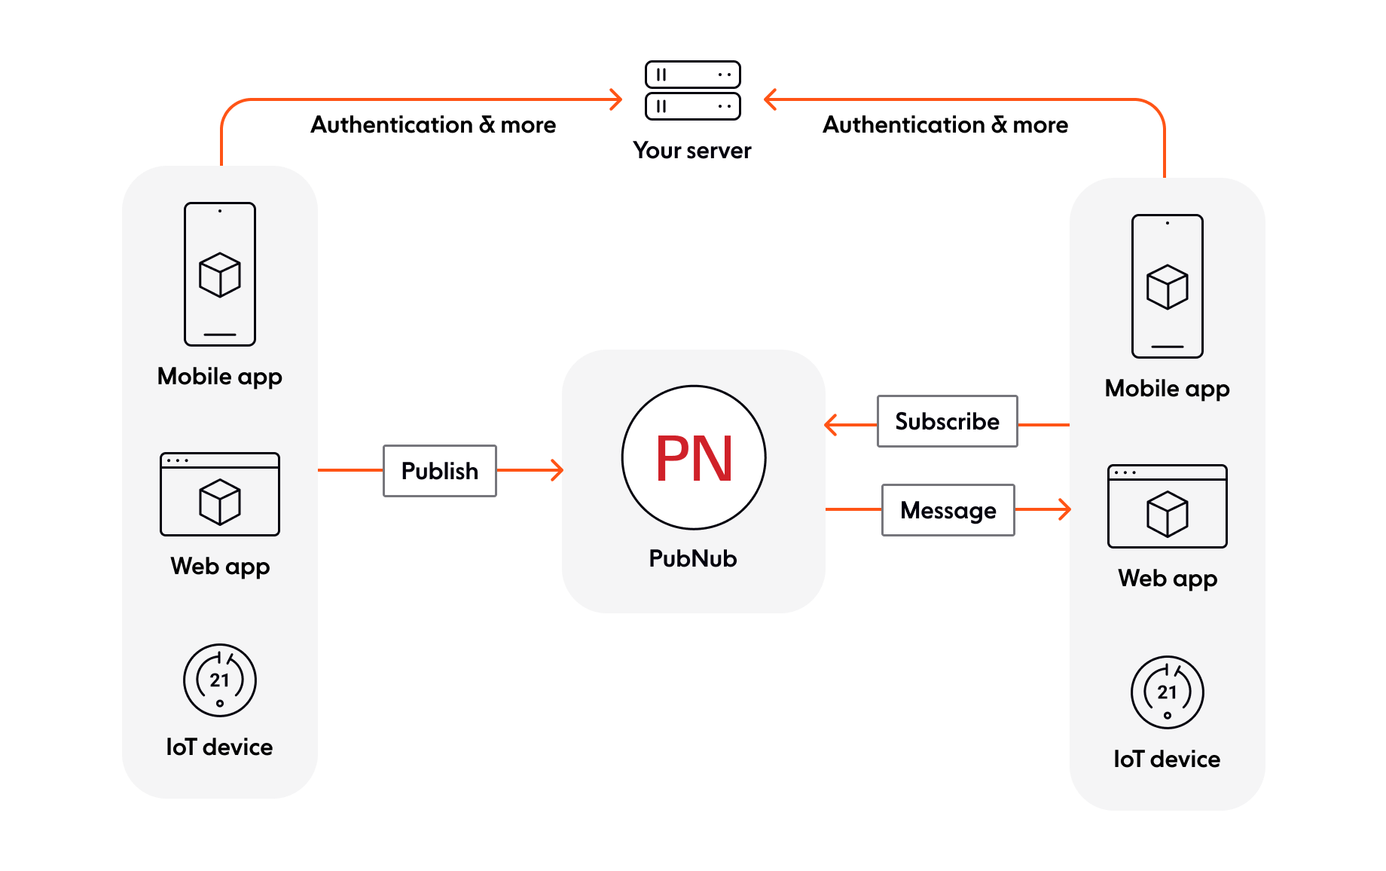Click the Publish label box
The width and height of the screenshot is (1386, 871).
(x=440, y=471)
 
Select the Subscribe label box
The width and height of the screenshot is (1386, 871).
(x=947, y=421)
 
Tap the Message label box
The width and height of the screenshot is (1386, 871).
(x=948, y=510)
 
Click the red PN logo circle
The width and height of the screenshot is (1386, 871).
(x=694, y=457)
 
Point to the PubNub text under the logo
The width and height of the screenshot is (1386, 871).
(x=693, y=558)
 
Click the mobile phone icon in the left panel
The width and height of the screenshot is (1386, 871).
(x=220, y=274)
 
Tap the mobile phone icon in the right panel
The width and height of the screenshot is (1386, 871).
(x=1168, y=286)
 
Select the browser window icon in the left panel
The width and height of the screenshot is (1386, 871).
(x=220, y=494)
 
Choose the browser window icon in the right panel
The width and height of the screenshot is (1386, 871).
(x=1168, y=506)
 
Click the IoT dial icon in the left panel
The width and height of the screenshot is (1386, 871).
(x=220, y=680)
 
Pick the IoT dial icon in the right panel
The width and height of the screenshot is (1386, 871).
(x=1168, y=692)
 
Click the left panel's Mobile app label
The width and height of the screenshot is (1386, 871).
(x=220, y=376)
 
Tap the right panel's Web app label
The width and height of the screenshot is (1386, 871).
(x=1168, y=578)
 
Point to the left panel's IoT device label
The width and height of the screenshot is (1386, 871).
(x=220, y=747)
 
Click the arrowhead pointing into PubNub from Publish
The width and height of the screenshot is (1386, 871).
(x=557, y=470)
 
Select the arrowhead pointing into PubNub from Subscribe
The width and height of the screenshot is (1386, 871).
(x=831, y=425)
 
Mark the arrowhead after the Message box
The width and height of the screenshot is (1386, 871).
(x=1064, y=509)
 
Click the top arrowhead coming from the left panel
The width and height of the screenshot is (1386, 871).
(x=616, y=99)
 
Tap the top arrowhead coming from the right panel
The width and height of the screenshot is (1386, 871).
(x=770, y=99)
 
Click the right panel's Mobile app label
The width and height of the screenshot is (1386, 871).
(x=1168, y=388)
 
